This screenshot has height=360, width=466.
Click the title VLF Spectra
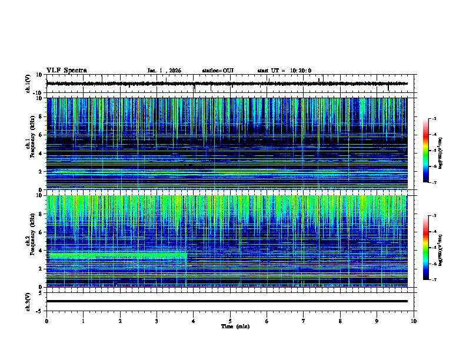coord(66,71)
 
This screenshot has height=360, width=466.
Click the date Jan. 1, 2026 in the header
coord(164,71)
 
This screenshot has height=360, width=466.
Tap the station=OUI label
coord(218,71)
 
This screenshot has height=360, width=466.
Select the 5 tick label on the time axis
coord(230,321)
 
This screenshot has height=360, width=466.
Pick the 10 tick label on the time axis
coord(414,321)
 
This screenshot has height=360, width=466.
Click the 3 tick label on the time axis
coord(157,321)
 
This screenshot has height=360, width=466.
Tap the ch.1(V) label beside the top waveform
coord(28,84)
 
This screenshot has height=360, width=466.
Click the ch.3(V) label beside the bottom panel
coord(28,301)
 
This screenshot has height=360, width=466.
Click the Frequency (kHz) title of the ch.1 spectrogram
coord(31,144)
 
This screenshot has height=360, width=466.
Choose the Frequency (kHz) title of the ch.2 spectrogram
coord(31,241)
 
